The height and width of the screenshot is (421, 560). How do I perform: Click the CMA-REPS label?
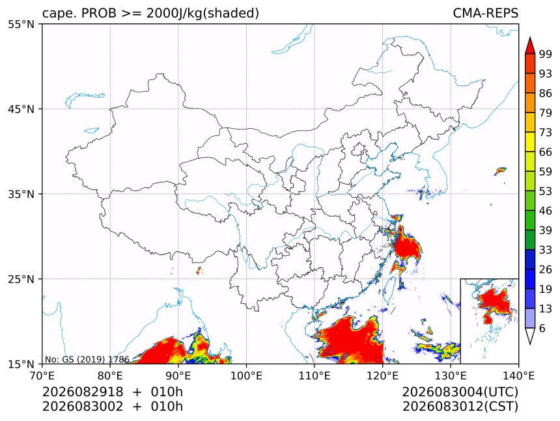click(485, 13)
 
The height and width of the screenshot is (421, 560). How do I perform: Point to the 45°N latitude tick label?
click(21, 109)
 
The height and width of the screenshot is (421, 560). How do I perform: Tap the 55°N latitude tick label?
click(21, 24)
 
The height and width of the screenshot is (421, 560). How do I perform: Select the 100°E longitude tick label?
click(246, 375)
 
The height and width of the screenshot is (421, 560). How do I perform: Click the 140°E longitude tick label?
click(518, 375)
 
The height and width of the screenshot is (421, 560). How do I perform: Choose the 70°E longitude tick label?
click(42, 375)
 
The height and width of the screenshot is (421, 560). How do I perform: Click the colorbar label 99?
click(546, 54)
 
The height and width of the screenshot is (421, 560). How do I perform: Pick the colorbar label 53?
click(546, 191)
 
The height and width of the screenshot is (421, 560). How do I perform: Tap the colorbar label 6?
click(542, 328)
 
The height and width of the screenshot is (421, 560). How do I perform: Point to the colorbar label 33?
click(546, 250)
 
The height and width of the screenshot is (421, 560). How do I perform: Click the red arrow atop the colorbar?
click(530, 46)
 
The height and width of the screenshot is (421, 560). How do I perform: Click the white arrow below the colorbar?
click(530, 336)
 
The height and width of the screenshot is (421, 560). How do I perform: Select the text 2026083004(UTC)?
click(460, 392)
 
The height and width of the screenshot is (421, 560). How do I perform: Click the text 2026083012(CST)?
click(460, 407)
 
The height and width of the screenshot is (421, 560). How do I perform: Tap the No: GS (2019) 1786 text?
click(87, 359)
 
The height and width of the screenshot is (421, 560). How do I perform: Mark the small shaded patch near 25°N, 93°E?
click(199, 271)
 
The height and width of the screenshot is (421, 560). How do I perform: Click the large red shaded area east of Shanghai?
click(407, 246)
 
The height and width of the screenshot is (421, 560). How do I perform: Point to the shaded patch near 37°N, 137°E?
click(500, 171)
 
